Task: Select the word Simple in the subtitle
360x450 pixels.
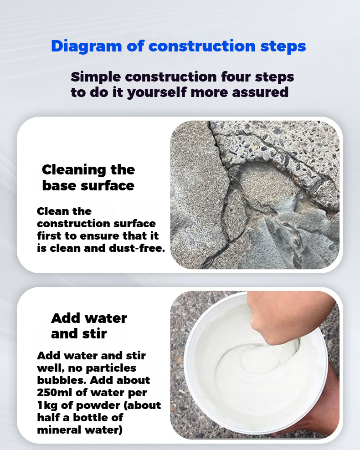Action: click(96, 77)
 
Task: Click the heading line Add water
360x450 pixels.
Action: click(89, 318)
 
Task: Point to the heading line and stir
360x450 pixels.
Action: click(79, 333)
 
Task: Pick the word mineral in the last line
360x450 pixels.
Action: click(57, 429)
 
